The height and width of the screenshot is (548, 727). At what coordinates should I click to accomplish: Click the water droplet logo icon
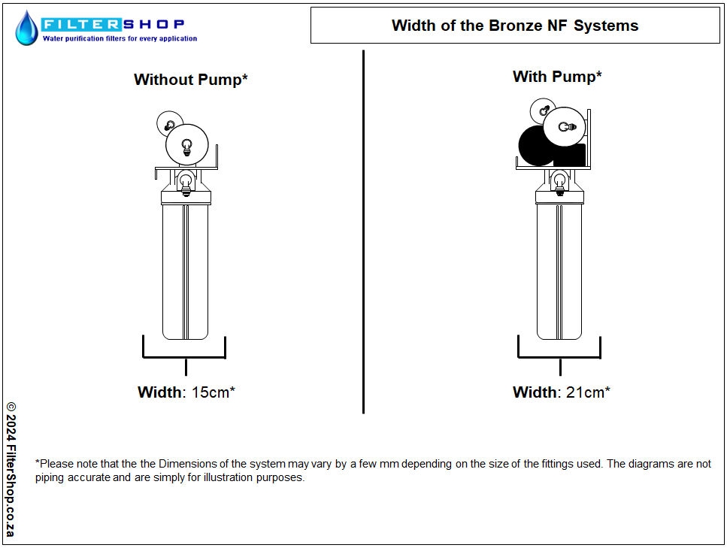26,28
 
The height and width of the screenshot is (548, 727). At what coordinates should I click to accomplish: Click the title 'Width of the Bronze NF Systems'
515,26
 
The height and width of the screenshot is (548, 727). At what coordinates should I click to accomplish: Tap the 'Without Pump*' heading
190,79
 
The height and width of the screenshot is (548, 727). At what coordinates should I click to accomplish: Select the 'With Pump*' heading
557,76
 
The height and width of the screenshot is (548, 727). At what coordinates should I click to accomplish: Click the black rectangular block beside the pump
570,156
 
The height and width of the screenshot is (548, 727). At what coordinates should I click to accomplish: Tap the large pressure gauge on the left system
187,144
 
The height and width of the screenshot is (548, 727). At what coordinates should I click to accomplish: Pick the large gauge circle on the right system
565,127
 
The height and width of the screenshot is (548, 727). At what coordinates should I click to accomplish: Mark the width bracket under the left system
184,358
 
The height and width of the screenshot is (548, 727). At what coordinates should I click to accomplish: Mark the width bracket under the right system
559,358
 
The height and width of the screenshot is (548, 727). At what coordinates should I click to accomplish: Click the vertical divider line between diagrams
364,232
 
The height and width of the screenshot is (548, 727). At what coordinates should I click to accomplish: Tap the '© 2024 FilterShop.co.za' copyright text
11,469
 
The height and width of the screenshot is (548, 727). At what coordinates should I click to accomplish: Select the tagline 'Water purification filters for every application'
120,38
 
